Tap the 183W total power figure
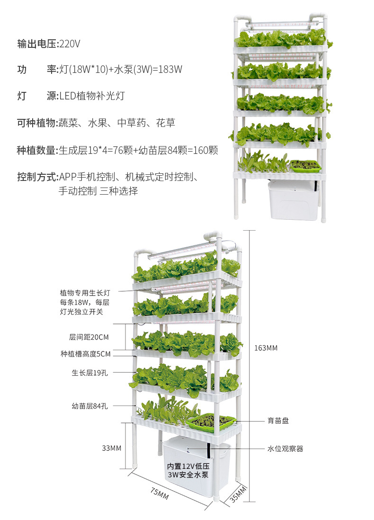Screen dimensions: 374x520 click(170, 69)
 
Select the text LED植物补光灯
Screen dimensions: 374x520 click(92, 96)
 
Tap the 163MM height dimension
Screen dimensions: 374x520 click(266, 348)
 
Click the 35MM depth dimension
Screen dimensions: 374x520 click(239, 493)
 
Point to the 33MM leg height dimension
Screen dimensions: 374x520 click(112, 448)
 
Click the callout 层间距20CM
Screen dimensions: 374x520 click(89, 337)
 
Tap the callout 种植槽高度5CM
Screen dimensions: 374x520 click(85, 354)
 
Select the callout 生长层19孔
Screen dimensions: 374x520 click(90, 373)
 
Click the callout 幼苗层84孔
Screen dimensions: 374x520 click(90, 406)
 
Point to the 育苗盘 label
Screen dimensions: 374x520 click(276, 421)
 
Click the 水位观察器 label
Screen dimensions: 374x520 click(285, 448)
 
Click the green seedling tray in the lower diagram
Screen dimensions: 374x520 click(211, 421)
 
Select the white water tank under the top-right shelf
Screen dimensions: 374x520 click(294, 201)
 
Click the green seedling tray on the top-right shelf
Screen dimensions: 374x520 click(305, 165)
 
